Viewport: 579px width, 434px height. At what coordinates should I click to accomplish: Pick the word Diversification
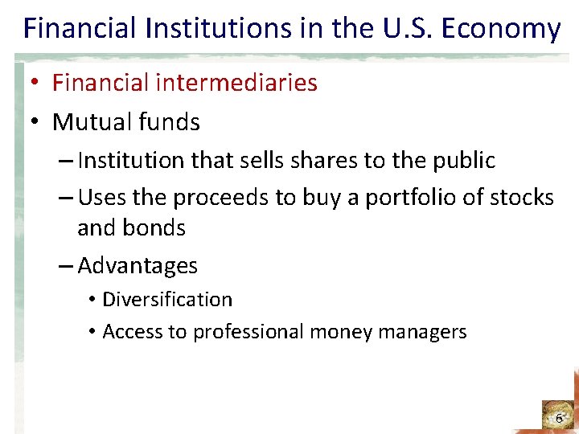coord(167,300)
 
